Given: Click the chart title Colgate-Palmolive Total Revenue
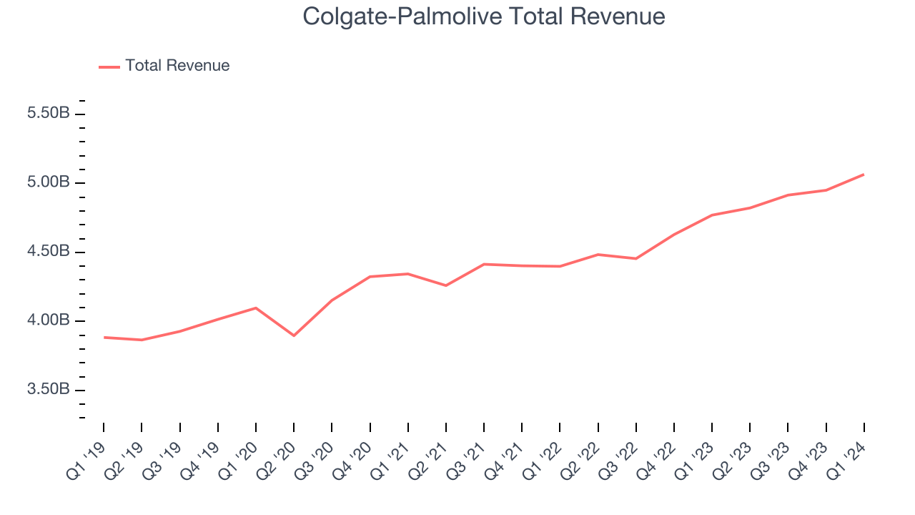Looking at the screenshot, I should (484, 16).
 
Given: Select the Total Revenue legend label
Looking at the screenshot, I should (177, 66).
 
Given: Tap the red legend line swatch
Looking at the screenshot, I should (109, 67).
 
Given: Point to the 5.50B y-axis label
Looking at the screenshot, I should (49, 114).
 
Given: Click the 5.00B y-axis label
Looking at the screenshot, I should (49, 182).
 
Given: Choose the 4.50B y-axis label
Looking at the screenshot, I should (49, 252).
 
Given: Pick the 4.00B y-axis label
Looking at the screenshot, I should (49, 320).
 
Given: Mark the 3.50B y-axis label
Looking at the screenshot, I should (49, 390).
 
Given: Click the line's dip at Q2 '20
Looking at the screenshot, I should (294, 335).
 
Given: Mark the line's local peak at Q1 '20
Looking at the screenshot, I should (256, 308).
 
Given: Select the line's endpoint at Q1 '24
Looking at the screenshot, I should (864, 175).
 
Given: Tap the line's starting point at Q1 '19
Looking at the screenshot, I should (104, 337).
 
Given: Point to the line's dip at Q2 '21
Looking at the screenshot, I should (446, 285).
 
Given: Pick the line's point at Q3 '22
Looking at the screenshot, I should (635, 258).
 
